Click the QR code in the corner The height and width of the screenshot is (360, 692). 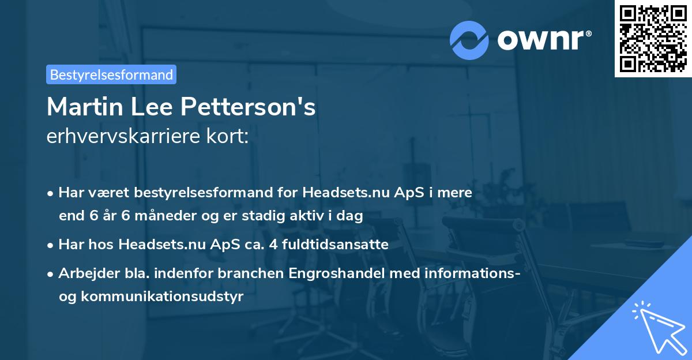coord(653,39)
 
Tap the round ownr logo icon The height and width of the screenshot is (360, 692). coord(469,40)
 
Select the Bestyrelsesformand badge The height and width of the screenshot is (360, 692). coord(111,74)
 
